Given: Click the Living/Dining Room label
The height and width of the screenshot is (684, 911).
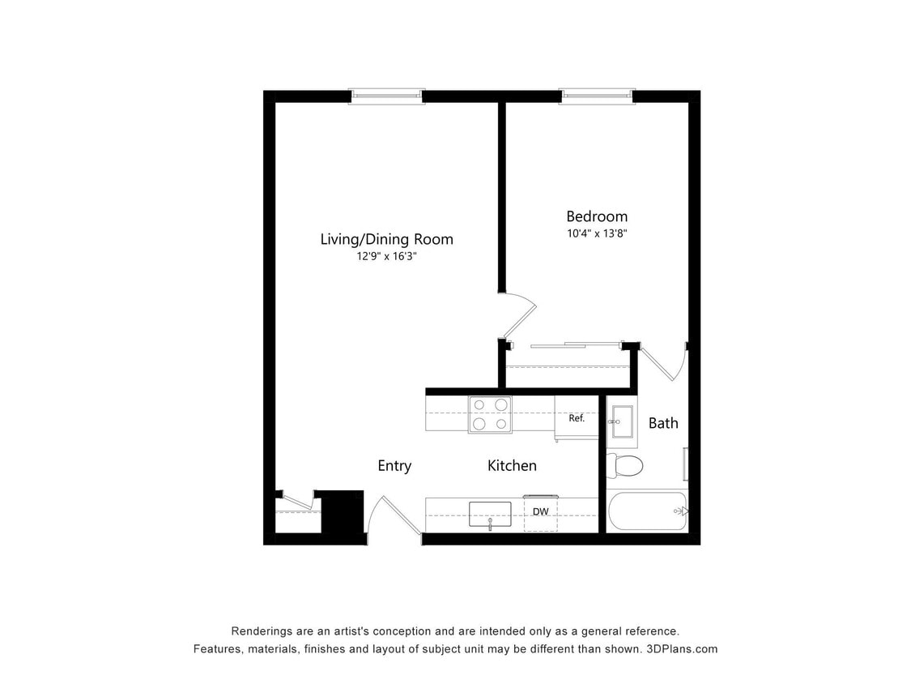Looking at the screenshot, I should point(386,239).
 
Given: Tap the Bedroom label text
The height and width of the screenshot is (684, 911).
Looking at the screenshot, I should point(596,216).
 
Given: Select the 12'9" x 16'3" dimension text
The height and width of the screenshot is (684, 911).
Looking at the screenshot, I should point(386,256).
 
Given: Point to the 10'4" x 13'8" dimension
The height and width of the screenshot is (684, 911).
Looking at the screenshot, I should point(596,233).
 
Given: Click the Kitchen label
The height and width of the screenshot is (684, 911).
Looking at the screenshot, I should point(512,465).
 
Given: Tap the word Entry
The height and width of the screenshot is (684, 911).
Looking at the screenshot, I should point(394,465).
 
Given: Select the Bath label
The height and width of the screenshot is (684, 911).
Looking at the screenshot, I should point(663,422).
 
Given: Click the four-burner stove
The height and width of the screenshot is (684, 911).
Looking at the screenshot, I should point(490,414).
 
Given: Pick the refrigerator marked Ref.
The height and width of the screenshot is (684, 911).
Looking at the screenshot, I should point(576,418).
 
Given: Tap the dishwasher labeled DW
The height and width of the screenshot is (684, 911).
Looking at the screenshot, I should point(540,512).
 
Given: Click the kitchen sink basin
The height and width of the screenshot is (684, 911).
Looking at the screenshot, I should point(490,514).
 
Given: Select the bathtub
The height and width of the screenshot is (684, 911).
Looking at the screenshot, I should point(646,511).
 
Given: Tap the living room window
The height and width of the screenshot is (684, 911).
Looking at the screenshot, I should point(386,96).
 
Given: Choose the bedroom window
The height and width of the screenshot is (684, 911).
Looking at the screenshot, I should point(597,96).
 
